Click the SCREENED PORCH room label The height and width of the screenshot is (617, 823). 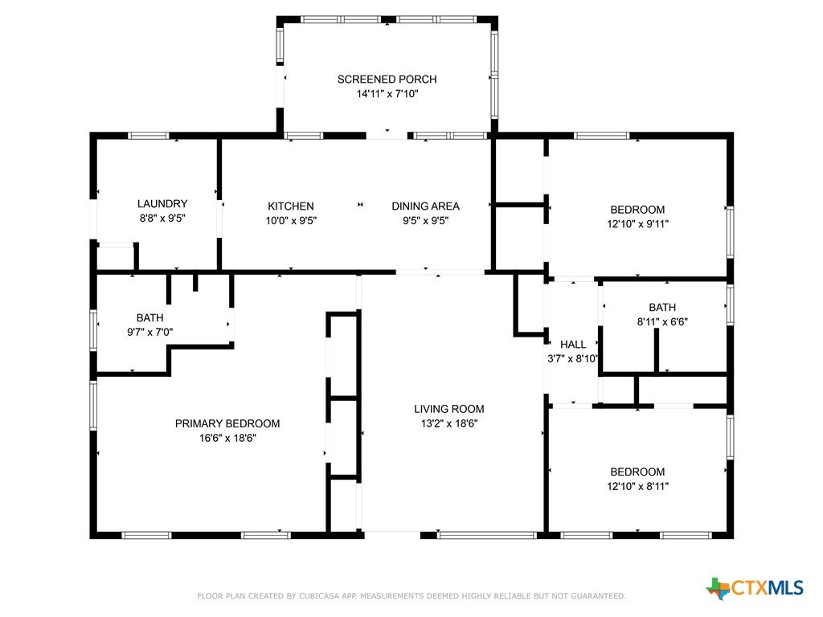387,80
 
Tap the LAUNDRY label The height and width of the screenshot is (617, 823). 162,203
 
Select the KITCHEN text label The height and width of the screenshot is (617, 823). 291,206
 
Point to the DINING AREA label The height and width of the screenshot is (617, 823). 426,206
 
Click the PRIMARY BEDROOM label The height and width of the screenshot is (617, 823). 227,423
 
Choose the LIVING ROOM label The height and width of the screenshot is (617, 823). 448,409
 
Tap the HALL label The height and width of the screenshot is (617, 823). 573,344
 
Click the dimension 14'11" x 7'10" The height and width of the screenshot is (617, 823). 387,94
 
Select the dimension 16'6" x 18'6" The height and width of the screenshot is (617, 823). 227,438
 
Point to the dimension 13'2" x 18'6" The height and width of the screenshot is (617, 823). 448,423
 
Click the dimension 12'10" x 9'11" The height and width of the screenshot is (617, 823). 637,224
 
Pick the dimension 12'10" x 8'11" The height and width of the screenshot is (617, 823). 637,486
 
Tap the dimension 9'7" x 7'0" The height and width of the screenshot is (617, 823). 150,332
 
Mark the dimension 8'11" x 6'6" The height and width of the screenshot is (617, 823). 662,321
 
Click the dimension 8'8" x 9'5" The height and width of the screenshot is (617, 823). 162,219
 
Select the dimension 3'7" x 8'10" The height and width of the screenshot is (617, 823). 572,359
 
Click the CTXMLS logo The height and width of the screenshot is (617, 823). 755,588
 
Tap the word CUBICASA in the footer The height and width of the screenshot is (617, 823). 321,596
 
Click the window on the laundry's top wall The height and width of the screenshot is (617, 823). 149,135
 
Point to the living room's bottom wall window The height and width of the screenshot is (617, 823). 486,535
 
